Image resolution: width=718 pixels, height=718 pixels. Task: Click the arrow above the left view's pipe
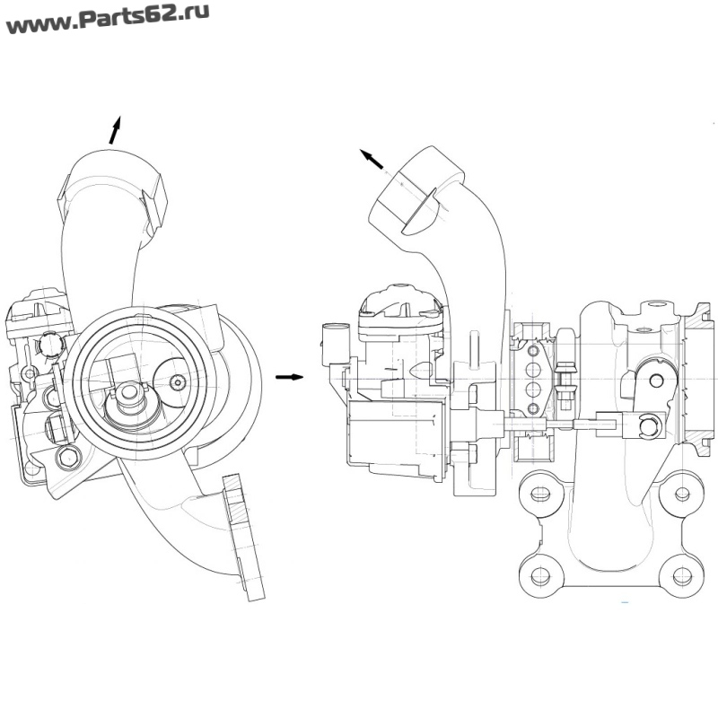(114, 129)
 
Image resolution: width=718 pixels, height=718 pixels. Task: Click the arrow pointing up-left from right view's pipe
(372, 160)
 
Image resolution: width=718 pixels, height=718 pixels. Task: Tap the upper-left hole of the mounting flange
(539, 494)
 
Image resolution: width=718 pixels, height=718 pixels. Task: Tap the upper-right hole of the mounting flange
(681, 494)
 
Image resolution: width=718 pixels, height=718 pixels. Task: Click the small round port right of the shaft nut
(178, 381)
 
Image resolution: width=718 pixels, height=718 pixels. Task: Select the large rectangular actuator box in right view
(397, 437)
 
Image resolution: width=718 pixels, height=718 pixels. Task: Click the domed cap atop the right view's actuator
(401, 302)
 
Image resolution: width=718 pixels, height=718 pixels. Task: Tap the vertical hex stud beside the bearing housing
(565, 368)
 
